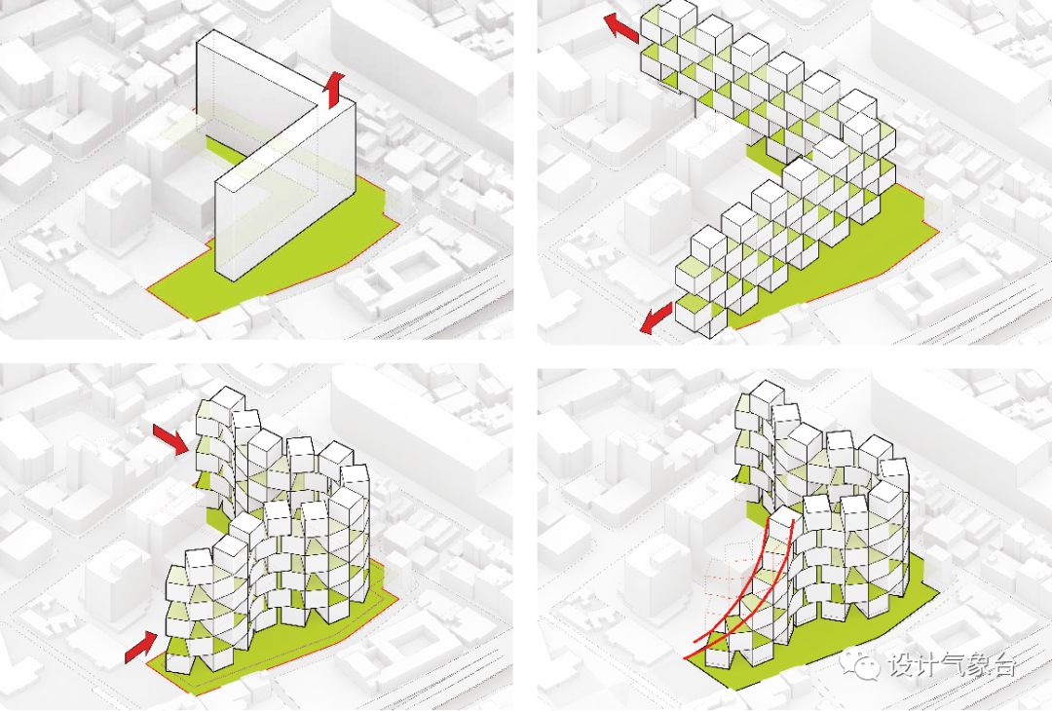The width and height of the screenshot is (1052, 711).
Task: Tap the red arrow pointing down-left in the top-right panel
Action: (x=656, y=316)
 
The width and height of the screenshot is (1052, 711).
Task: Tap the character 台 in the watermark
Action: (x=1004, y=665)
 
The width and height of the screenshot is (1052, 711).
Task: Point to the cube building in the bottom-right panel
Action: (x=838, y=526)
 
